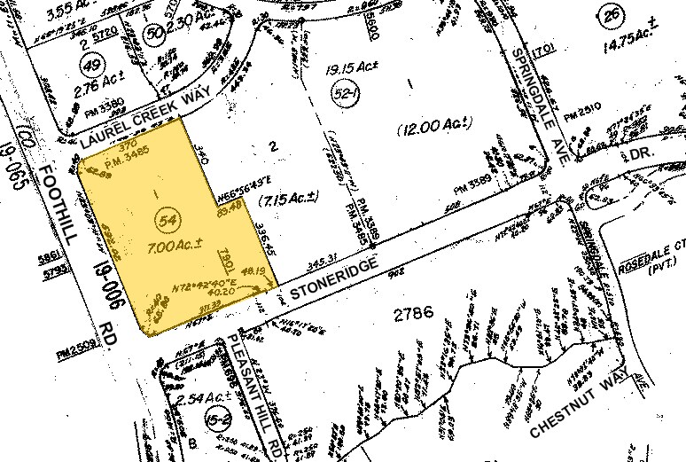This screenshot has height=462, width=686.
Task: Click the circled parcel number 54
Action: click(164, 216)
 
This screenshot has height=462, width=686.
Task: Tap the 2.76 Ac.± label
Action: click(91, 90)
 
